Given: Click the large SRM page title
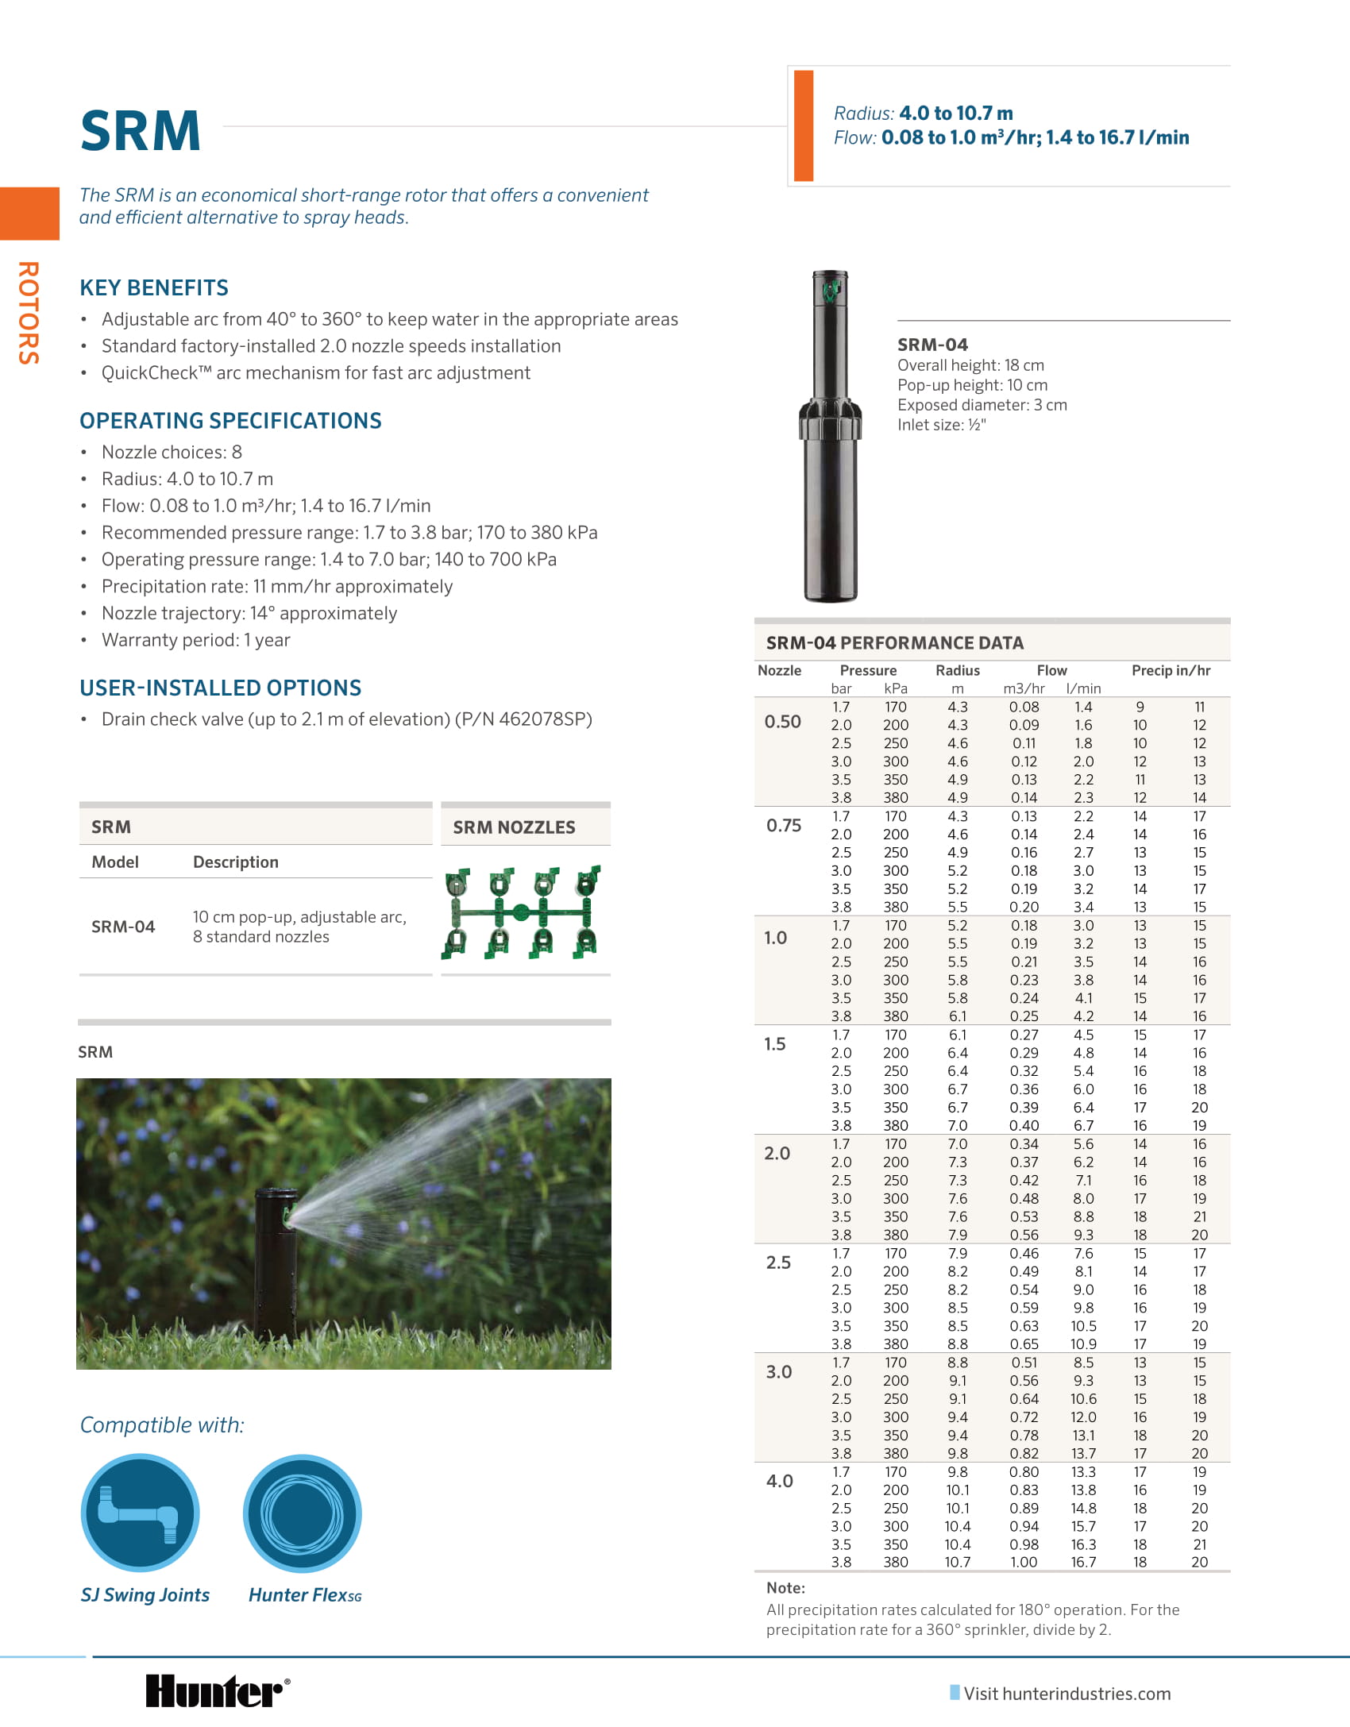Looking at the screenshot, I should pyautogui.click(x=141, y=131).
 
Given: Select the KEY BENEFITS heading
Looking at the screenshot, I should pyautogui.click(x=154, y=287).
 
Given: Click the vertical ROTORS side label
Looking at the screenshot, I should pyautogui.click(x=29, y=313).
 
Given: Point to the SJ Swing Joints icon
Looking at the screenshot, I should pyautogui.click(x=141, y=1512).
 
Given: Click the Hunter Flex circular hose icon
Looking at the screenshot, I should pyautogui.click(x=303, y=1513).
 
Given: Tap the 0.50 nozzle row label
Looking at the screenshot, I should pyautogui.click(x=782, y=722).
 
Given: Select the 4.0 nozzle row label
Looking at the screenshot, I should pyautogui.click(x=779, y=1481).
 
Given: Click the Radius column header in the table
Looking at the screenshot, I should pyautogui.click(x=958, y=670).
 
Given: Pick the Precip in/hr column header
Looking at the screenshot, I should pyautogui.click(x=1171, y=670).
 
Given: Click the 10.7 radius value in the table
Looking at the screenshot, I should pyautogui.click(x=957, y=1562).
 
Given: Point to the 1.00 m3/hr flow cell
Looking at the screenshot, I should pyautogui.click(x=1024, y=1562).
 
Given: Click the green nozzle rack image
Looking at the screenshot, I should pyautogui.click(x=522, y=912).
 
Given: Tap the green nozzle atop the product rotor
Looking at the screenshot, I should pyautogui.click(x=831, y=290).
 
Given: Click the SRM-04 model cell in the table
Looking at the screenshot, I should pyautogui.click(x=123, y=927).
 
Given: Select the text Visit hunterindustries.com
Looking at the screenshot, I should pyautogui.click(x=1066, y=1694).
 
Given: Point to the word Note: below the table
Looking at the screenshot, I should pyautogui.click(x=785, y=1588).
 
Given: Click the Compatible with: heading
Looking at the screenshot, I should pyautogui.click(x=162, y=1425).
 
